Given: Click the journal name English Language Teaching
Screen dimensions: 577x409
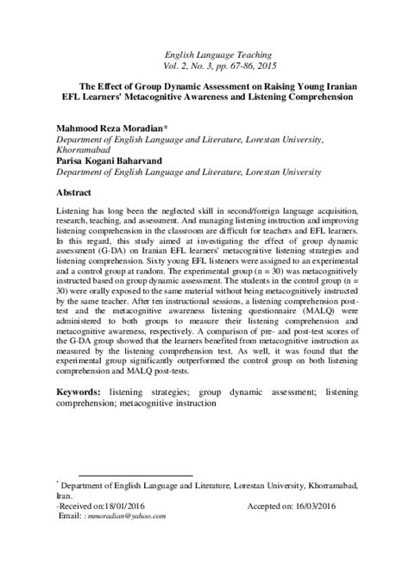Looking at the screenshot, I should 204,53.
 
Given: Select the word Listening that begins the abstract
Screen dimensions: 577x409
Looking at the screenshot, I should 73,211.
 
